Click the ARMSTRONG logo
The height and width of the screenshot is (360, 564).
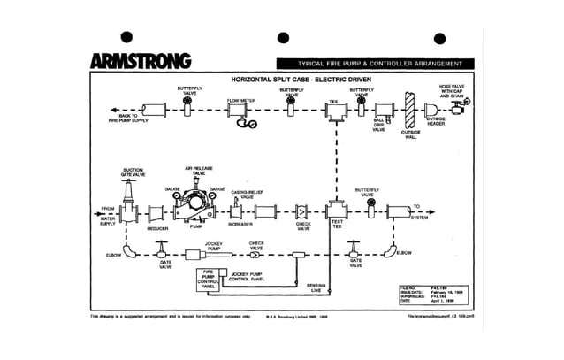(139, 61)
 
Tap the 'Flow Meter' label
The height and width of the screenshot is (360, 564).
(240, 101)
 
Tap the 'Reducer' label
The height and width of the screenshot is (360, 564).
(157, 229)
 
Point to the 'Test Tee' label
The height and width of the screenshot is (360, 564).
(337, 226)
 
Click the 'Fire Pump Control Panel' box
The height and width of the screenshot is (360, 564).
(209, 280)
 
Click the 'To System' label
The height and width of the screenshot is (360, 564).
(417, 209)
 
